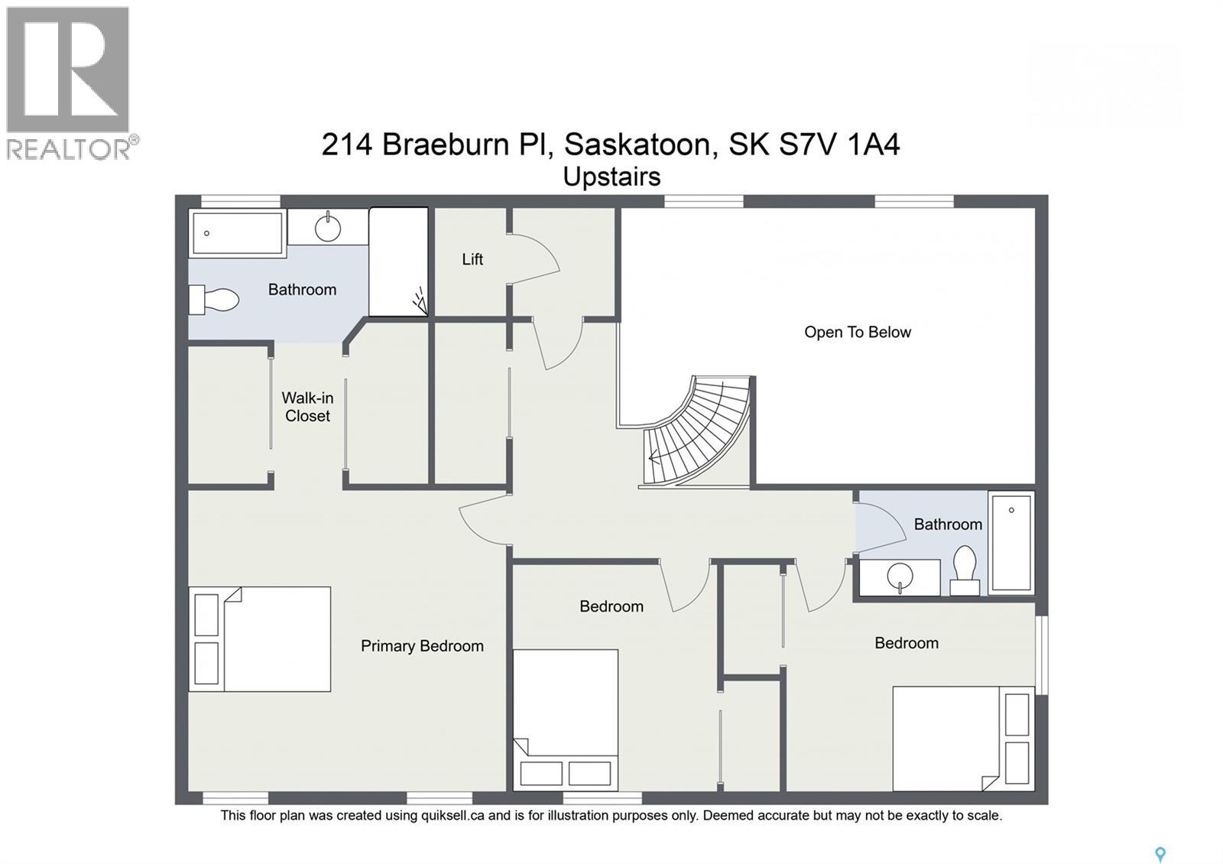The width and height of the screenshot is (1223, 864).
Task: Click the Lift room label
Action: point(472,259)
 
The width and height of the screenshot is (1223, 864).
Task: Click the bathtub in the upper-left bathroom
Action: point(236,233)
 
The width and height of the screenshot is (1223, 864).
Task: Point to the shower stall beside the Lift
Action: point(397,261)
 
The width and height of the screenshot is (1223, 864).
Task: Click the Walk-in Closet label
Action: point(307,407)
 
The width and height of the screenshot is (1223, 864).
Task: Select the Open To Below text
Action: point(857,333)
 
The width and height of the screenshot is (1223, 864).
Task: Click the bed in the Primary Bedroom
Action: point(260,639)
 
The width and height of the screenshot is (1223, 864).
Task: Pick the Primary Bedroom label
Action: point(422,646)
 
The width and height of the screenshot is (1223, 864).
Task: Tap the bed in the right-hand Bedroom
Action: point(963,739)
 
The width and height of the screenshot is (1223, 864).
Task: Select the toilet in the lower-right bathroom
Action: point(965,570)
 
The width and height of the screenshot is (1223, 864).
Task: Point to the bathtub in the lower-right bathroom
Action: point(1011,542)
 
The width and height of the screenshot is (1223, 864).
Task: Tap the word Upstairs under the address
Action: point(611,177)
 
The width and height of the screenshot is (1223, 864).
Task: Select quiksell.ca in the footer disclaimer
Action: point(453,816)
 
